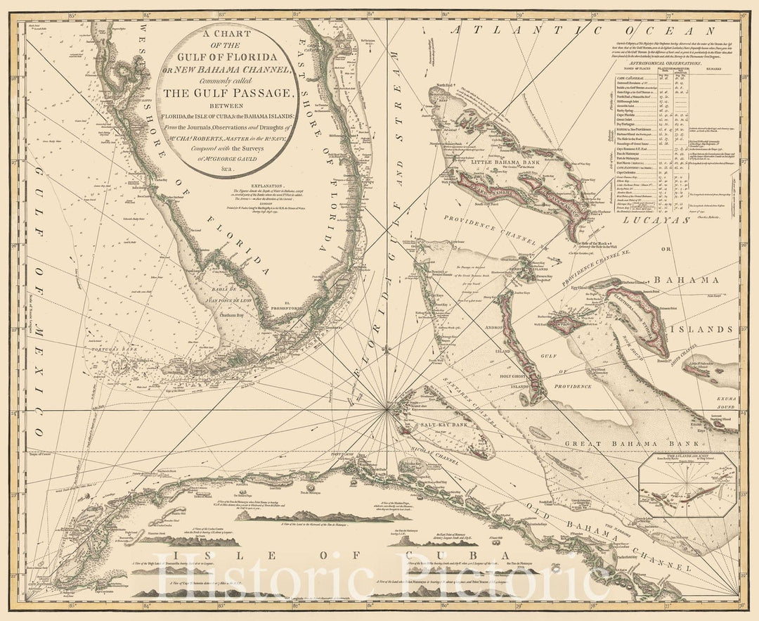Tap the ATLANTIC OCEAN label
coord(583,30)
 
